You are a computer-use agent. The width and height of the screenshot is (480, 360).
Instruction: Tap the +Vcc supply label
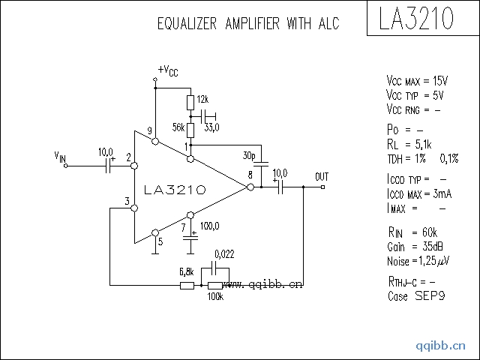point(168,70)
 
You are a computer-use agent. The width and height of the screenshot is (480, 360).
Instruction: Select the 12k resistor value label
point(202,100)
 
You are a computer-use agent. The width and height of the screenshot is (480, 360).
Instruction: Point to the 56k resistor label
point(178,127)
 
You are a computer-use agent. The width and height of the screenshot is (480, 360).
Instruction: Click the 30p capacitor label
point(249,156)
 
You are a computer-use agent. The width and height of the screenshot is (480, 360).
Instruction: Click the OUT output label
point(322,177)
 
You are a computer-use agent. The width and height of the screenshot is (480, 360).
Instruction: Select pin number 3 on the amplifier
point(127,202)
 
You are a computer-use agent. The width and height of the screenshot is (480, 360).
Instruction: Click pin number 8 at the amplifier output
point(250,175)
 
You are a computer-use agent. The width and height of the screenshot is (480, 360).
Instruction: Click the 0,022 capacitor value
point(224,253)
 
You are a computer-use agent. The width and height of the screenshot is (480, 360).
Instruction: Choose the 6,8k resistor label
point(187,271)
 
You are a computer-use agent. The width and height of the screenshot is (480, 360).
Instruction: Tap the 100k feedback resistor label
point(216,297)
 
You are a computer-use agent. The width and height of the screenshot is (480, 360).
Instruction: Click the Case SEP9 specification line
point(416,296)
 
